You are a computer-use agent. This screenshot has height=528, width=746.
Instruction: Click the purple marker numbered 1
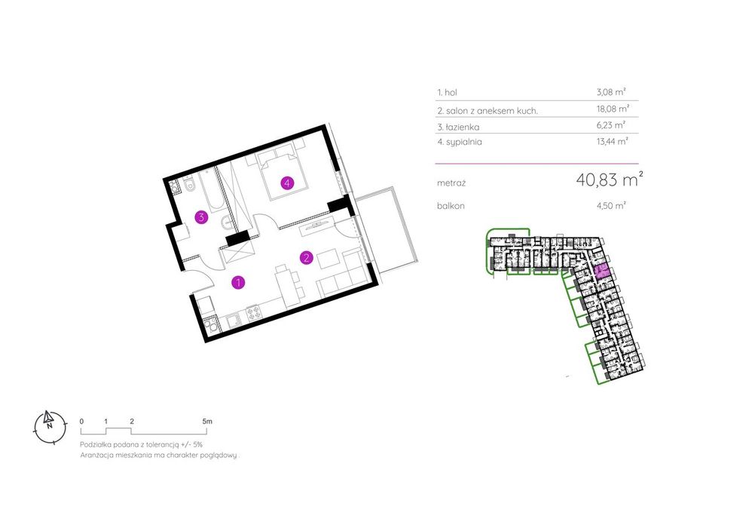[238, 282]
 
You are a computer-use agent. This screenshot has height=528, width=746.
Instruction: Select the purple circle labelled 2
[307, 257]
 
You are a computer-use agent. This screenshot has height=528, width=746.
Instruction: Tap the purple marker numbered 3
[202, 217]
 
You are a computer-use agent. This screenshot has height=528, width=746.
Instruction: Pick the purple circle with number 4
[287, 183]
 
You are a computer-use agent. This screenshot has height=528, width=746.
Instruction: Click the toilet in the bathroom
[189, 186]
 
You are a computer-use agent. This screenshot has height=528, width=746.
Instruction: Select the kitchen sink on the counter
[233, 321]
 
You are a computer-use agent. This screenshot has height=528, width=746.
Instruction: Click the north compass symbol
[50, 427]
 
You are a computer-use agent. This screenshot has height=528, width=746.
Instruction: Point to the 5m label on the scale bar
[207, 422]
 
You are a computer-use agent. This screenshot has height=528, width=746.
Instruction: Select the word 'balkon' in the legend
[451, 206]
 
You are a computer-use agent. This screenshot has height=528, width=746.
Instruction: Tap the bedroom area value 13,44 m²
[613, 141]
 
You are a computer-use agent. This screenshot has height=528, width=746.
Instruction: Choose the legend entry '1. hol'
[447, 92]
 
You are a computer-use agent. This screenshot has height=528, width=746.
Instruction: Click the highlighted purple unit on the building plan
[601, 272]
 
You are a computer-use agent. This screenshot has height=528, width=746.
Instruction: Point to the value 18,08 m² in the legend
[613, 109]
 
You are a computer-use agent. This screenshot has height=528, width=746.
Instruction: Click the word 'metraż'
[451, 183]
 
